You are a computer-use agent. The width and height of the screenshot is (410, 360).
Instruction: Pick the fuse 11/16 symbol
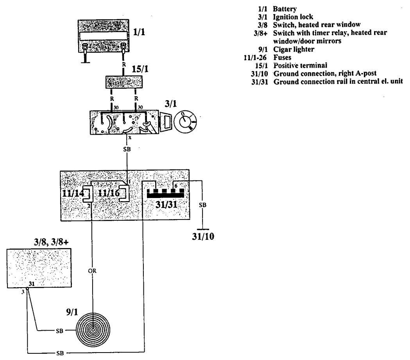(124, 193)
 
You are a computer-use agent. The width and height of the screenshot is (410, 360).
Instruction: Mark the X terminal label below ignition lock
(130, 137)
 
